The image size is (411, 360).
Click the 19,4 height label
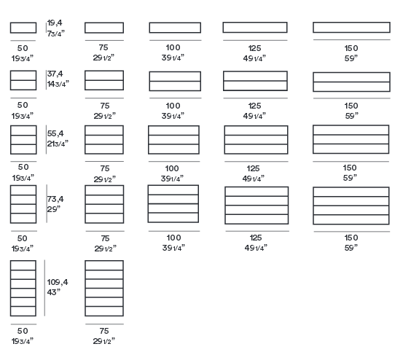(55, 23)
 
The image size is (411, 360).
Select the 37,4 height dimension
(55, 74)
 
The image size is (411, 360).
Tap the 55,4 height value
(55, 133)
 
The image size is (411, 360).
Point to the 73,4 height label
(55, 199)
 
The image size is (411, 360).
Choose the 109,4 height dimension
(58, 282)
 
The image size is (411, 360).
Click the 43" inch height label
(54, 292)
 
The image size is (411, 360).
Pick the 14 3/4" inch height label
(58, 84)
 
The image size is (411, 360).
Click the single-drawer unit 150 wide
(351, 28)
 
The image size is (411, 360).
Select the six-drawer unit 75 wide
(104, 288)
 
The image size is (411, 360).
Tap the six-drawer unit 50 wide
(23, 288)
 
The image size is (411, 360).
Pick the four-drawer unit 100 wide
(173, 204)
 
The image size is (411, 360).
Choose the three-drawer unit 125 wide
(256, 140)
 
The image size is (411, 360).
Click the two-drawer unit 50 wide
(23, 80)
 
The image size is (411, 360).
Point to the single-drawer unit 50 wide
(23, 28)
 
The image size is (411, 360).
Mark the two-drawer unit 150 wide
(351, 82)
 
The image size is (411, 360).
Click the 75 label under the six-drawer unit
(104, 331)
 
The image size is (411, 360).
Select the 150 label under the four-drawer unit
(351, 238)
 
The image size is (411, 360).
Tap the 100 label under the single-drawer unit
(173, 47)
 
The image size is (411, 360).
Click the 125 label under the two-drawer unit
(255, 106)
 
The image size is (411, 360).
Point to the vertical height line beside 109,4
(45, 288)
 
